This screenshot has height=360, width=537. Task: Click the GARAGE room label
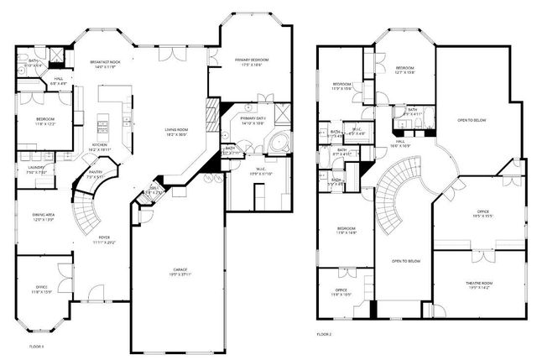coord(175,270)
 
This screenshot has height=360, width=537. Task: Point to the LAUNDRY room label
coord(35,168)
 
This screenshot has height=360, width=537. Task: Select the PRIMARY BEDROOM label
coord(249,61)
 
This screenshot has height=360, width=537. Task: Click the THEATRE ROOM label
coord(479,284)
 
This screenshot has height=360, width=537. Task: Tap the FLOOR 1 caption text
coord(36,346)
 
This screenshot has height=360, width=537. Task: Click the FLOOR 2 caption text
coord(324,334)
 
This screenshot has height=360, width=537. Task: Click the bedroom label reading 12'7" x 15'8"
coord(405,70)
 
